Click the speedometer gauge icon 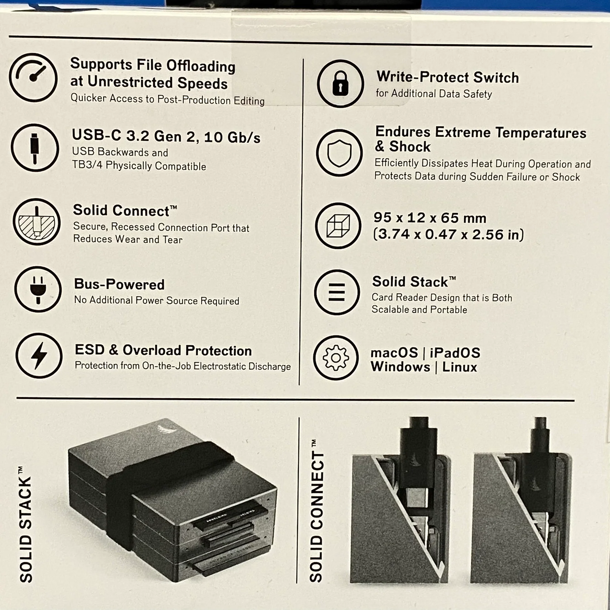click(33, 77)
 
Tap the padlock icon click(340, 83)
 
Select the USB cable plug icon click(35, 148)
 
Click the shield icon click(339, 153)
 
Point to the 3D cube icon click(338, 225)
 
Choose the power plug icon click(38, 289)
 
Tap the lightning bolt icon click(39, 355)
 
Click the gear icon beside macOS click(336, 358)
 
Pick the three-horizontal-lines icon click(337, 292)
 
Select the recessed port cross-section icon click(36, 222)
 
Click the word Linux click(460, 367)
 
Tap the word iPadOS click(455, 353)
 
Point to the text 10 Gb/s click(232, 137)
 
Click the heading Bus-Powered click(119, 284)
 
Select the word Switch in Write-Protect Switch click(496, 77)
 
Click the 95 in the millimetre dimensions click(382, 217)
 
